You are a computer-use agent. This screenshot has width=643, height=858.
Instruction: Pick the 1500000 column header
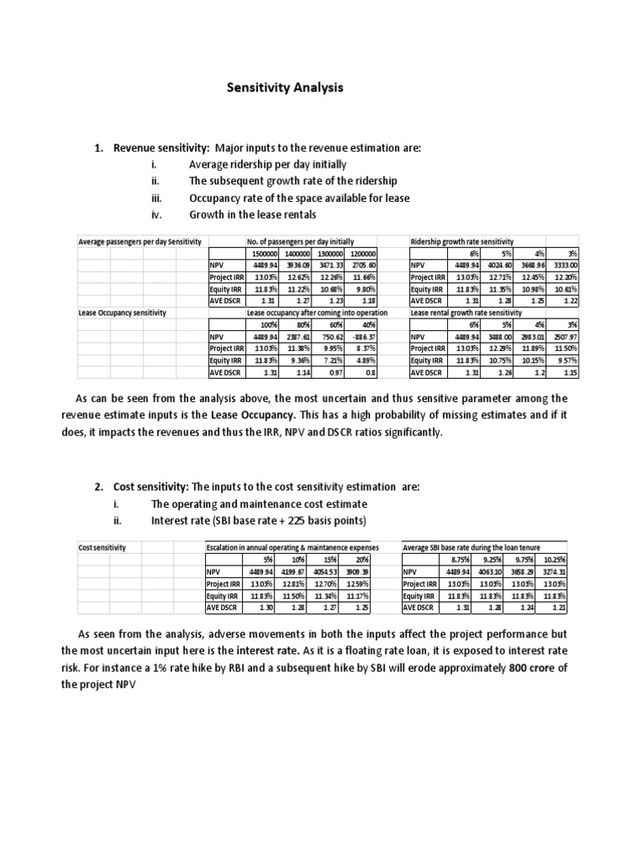(262, 253)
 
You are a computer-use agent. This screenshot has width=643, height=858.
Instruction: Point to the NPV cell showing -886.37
(362, 336)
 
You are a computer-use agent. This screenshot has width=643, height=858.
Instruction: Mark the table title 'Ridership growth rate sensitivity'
(462, 241)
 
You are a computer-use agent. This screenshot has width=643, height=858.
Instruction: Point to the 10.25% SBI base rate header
(553, 559)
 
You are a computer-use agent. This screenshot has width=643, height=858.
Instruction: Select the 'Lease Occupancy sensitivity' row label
(122, 313)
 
